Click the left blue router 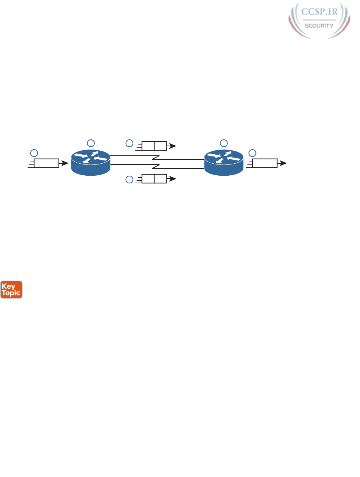pos(90,163)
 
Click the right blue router pos(224,163)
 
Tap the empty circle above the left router pos(91,143)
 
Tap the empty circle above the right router pos(224,143)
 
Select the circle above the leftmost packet pos(34,153)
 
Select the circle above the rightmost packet pos(252,153)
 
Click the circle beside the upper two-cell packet pos(129,143)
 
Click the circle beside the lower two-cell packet pos(129,179)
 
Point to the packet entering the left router pos(46,163)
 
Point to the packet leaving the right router pos(264,163)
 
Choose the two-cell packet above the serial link pos(154,146)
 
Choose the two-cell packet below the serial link pos(154,179)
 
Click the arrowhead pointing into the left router pos(65,163)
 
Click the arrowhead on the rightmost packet pos(283,163)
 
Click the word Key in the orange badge pos(8,286)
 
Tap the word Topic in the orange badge pos(11,293)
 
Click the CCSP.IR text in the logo pos(319,12)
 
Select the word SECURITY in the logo pos(319,26)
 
